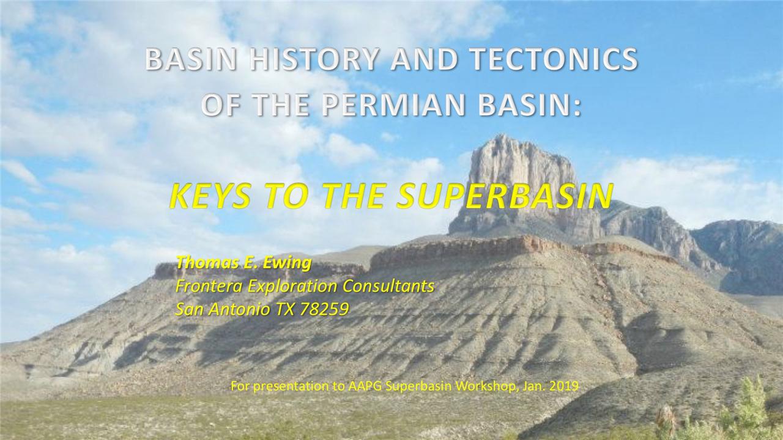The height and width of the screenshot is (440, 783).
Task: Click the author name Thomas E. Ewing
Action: (x=243, y=263)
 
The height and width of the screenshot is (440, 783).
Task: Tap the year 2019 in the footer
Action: (x=565, y=386)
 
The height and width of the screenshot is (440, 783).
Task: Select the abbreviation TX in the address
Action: (x=285, y=309)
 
